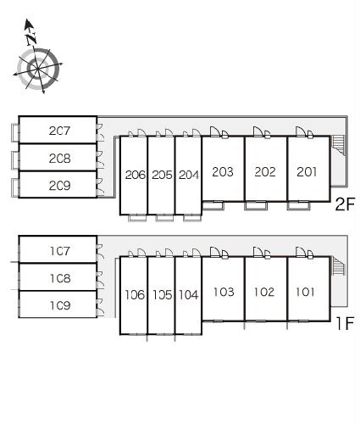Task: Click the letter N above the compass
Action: pyautogui.click(x=31, y=39)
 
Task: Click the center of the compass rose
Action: pyautogui.click(x=37, y=69)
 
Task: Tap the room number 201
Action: pyautogui.click(x=307, y=172)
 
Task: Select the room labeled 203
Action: pyautogui.click(x=223, y=172)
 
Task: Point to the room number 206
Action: pyautogui.click(x=136, y=176)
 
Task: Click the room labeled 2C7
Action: pyautogui.click(x=59, y=131)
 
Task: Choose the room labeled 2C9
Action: pyautogui.click(x=59, y=186)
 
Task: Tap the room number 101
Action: pyautogui.click(x=305, y=292)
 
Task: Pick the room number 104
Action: pyautogui.click(x=189, y=295)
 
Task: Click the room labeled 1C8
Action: pyautogui.click(x=60, y=278)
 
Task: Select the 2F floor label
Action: pyautogui.click(x=345, y=204)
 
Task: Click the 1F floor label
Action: pyautogui.click(x=345, y=324)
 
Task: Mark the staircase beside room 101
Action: pyautogui.click(x=338, y=265)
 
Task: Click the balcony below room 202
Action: pyautogui.click(x=256, y=205)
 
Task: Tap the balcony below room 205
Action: pyautogui.click(x=164, y=218)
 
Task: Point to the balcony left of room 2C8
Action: pyautogui.click(x=15, y=160)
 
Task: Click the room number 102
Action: pyautogui.click(x=264, y=292)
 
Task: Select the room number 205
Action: pyautogui.click(x=162, y=176)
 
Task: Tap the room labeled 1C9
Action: pyautogui.click(x=60, y=305)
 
